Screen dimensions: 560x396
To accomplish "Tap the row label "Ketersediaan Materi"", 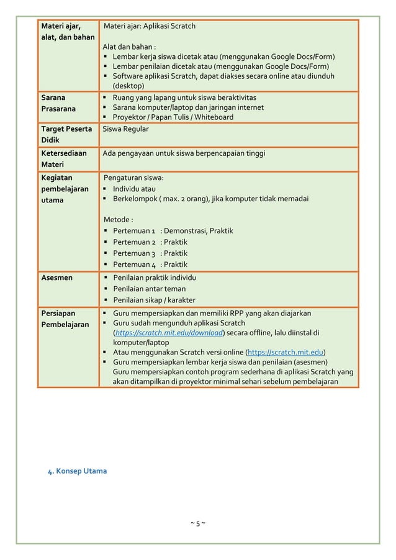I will coord(64,158).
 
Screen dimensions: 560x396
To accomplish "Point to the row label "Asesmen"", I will coord(56,278).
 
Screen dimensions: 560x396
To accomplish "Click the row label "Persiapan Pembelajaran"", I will coord(65,318).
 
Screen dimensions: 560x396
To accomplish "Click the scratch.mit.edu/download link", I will coord(168,333).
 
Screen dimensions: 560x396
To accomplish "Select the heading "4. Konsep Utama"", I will coord(78,471).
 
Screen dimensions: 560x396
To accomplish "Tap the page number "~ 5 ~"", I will coord(198,524).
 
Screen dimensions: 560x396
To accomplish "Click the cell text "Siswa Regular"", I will coord(126,129).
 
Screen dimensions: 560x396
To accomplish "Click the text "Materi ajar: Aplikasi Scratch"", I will coord(150,27).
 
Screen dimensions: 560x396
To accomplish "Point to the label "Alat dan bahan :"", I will coord(130,47).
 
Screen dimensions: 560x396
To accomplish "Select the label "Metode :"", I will coord(119,220).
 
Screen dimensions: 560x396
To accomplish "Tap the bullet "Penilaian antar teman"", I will coord(149,289).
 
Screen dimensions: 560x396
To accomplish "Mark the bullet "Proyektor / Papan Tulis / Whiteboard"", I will coord(173,117).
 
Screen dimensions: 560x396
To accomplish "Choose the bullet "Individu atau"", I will coord(135,189).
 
